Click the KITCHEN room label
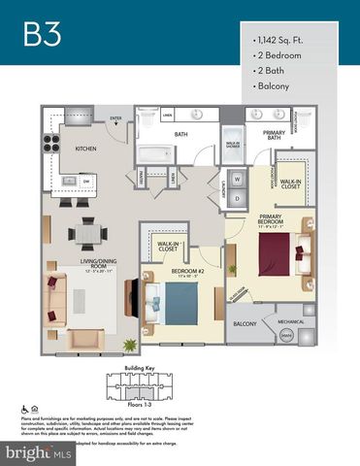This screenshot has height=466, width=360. (90, 149)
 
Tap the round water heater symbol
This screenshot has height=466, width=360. (287, 335)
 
